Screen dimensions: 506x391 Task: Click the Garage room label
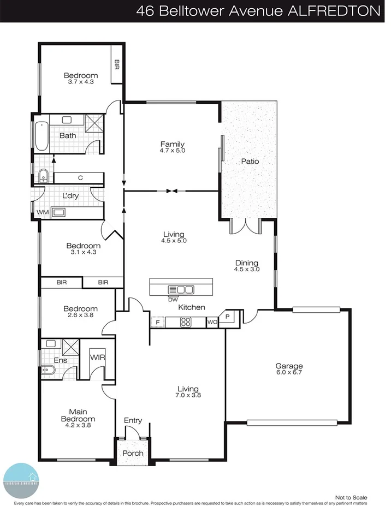click(x=289, y=366)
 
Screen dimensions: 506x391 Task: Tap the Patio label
click(x=250, y=162)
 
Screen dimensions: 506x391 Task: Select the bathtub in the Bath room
click(x=41, y=136)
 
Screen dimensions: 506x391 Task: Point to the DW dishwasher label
click(x=173, y=299)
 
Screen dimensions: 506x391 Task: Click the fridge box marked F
click(x=157, y=323)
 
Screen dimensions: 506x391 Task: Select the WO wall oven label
click(x=212, y=323)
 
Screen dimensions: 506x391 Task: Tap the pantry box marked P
click(x=227, y=317)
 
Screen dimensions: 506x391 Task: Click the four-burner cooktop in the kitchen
click(x=186, y=322)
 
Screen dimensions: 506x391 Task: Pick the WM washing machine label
click(x=43, y=212)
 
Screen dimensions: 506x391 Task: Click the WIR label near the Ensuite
click(x=97, y=358)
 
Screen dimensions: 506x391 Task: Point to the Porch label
click(x=133, y=453)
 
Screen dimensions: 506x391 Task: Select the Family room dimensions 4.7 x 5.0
click(x=173, y=151)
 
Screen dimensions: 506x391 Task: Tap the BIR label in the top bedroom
click(x=117, y=64)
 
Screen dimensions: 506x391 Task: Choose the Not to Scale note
click(x=351, y=497)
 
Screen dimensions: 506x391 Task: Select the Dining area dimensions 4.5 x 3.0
click(x=247, y=269)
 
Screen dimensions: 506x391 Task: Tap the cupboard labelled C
click(x=80, y=178)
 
